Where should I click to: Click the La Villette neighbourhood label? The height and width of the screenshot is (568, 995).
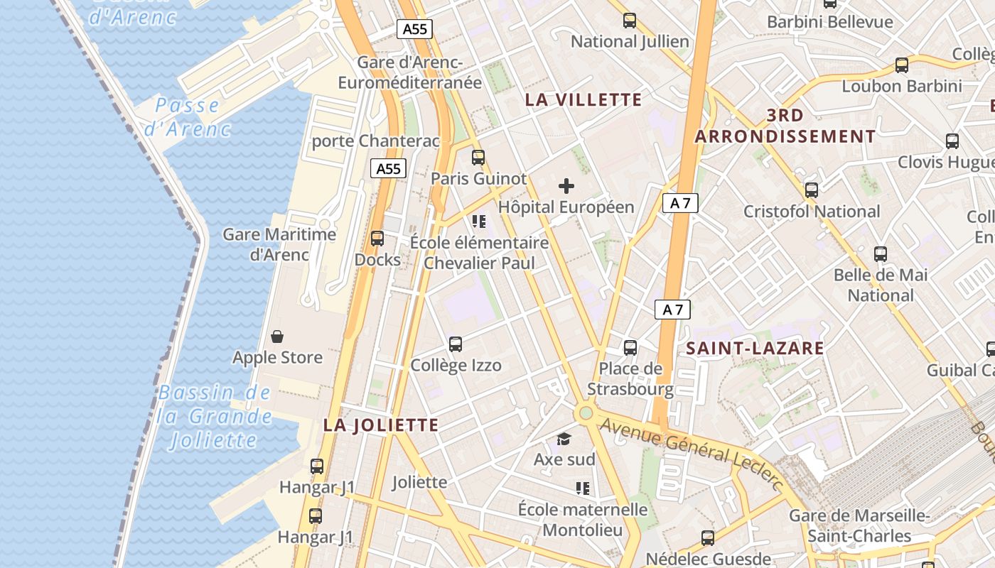[x=583, y=99]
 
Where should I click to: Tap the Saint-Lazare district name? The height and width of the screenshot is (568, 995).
[x=755, y=348]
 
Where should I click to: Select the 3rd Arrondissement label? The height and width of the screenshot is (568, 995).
[x=785, y=126]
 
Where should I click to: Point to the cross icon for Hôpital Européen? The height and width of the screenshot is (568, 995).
[x=566, y=186]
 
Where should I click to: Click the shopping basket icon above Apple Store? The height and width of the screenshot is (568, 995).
[x=277, y=336]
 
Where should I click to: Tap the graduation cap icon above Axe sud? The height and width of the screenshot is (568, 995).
[x=564, y=439]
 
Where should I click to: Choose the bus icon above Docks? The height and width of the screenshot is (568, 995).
[x=377, y=239]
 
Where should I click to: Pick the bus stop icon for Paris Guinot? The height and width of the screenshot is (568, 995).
[x=478, y=158]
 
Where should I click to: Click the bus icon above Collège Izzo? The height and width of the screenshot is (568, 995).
[x=456, y=344]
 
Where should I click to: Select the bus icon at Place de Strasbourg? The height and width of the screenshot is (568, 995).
[x=630, y=347]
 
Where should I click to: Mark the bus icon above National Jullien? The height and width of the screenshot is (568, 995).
[x=630, y=21]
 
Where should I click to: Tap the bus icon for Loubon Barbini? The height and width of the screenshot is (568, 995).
[x=902, y=65]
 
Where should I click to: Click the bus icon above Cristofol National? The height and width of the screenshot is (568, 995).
[x=811, y=190]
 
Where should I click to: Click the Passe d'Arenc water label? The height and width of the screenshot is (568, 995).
[x=188, y=117]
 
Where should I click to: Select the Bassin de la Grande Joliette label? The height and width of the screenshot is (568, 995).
[x=215, y=416]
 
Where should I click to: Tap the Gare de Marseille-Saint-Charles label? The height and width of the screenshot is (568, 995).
[x=859, y=525]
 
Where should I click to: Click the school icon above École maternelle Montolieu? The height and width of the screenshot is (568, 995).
[x=583, y=488]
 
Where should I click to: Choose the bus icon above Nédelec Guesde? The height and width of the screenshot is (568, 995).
[x=708, y=537]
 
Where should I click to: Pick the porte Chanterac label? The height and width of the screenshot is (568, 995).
[x=376, y=141]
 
